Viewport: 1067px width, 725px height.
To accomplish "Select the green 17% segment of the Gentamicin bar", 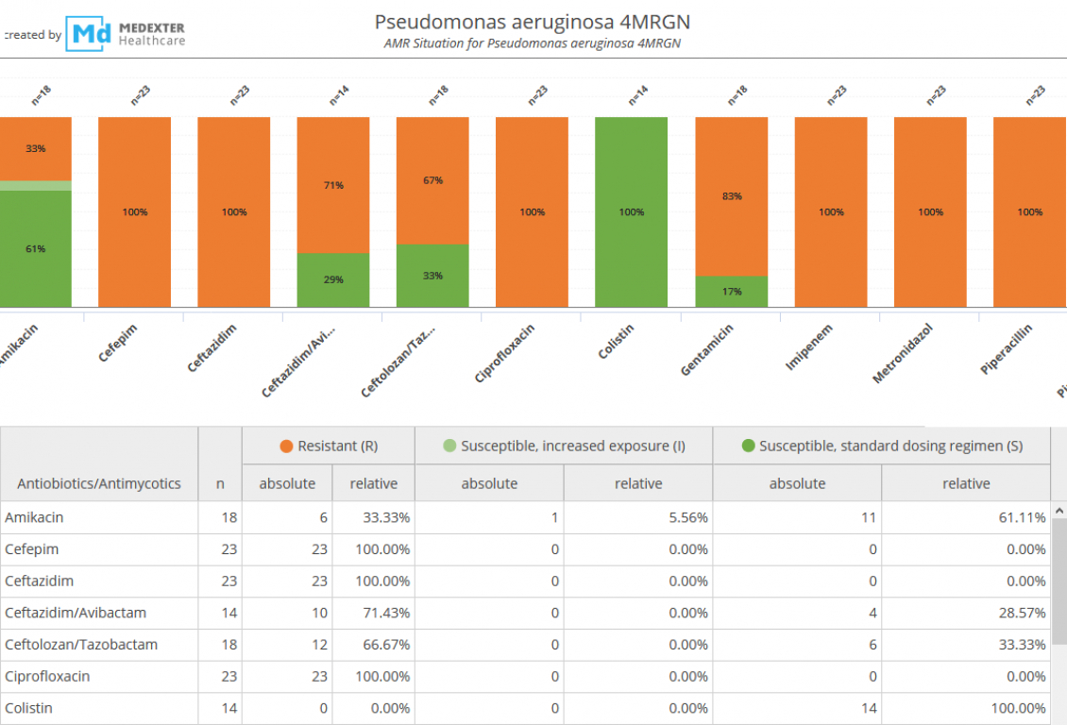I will pos(732,292).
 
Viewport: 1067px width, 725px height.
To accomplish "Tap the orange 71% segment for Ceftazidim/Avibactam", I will pos(333,185).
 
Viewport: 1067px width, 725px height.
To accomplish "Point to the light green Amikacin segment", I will pos(36,186).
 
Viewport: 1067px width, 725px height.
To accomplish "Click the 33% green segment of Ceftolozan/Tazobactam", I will pos(432,276).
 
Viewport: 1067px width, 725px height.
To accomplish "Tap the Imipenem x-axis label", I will pos(810,347).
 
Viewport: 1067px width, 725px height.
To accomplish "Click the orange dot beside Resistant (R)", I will pos(286,446).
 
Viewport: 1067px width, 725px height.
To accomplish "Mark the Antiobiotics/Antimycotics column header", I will pos(99,483).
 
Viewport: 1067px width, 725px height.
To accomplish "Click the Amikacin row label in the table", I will pos(34,517).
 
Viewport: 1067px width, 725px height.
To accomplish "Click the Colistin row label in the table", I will pos(28,708).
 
